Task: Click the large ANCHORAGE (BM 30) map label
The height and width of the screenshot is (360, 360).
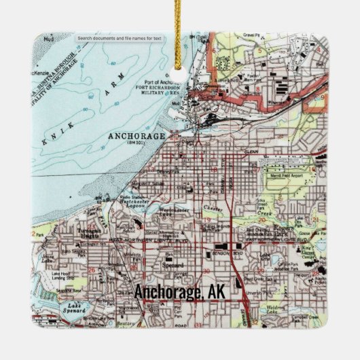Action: tap(137, 137)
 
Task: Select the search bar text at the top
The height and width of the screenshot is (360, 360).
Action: tap(120, 39)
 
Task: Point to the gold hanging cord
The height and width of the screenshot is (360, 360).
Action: tap(180, 27)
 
